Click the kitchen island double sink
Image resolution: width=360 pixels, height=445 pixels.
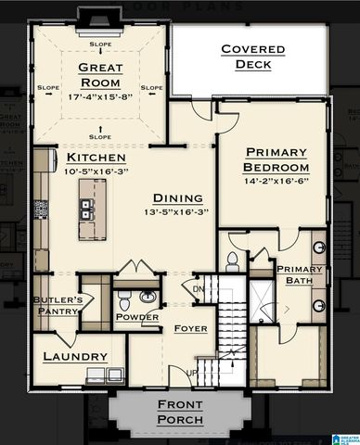click(90, 212)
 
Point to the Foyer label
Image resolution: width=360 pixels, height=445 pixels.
click(190, 329)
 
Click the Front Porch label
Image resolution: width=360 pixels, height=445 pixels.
click(180, 412)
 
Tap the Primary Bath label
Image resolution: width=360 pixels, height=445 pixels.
click(296, 275)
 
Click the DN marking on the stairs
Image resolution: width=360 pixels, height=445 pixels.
click(199, 288)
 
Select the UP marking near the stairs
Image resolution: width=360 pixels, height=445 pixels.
click(194, 374)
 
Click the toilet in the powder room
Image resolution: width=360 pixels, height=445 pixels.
click(128, 301)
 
